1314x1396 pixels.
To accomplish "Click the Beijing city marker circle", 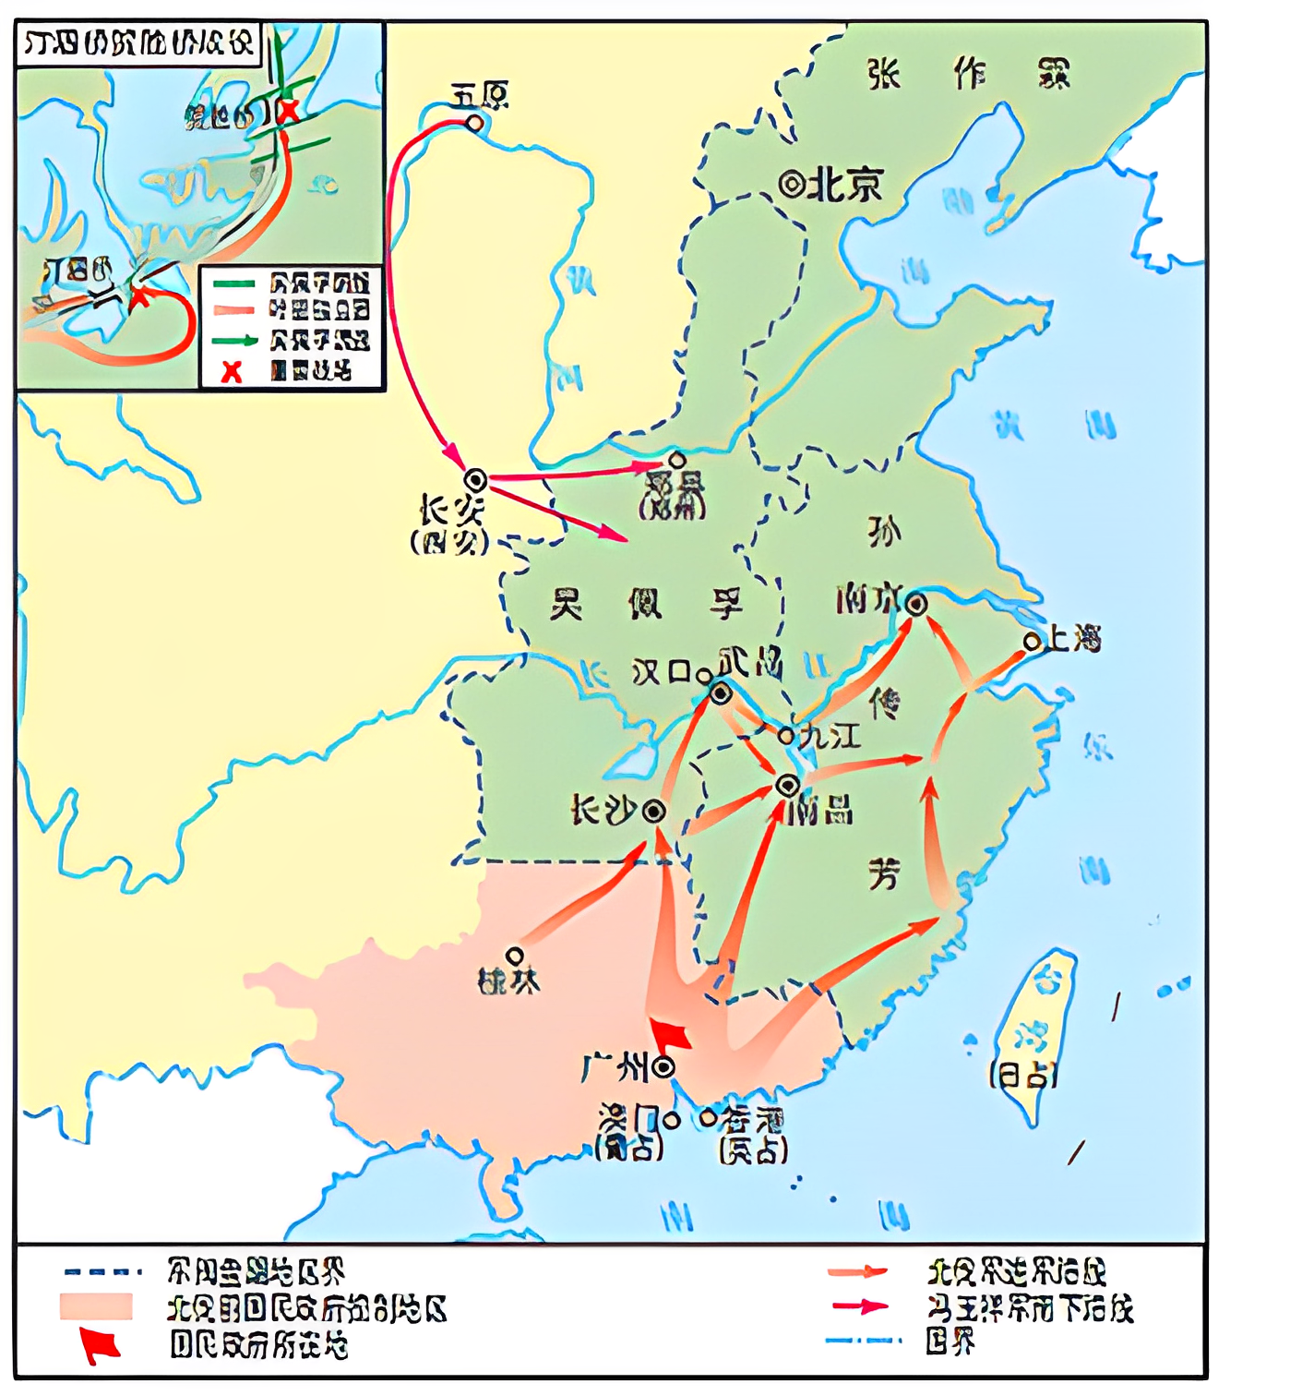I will (791, 185).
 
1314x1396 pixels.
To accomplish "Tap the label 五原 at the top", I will (480, 96).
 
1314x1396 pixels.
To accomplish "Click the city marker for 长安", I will (475, 480).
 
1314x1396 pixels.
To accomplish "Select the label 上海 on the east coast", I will (1075, 638).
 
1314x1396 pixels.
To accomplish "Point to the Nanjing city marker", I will (915, 605).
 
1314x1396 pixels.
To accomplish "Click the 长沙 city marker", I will (654, 812).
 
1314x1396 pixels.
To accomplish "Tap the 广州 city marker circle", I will (663, 1068).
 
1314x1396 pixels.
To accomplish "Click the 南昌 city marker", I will (787, 786).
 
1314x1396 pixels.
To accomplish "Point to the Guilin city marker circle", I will (515, 956).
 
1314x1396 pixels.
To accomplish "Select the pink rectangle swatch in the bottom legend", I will (96, 1306).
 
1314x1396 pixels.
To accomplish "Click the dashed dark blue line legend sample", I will (102, 1271).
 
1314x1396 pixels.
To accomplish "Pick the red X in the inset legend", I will (232, 371).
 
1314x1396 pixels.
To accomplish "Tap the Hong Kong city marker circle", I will (708, 1118).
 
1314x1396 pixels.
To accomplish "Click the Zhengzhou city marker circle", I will (677, 460).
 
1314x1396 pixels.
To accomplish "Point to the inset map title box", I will (138, 43).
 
